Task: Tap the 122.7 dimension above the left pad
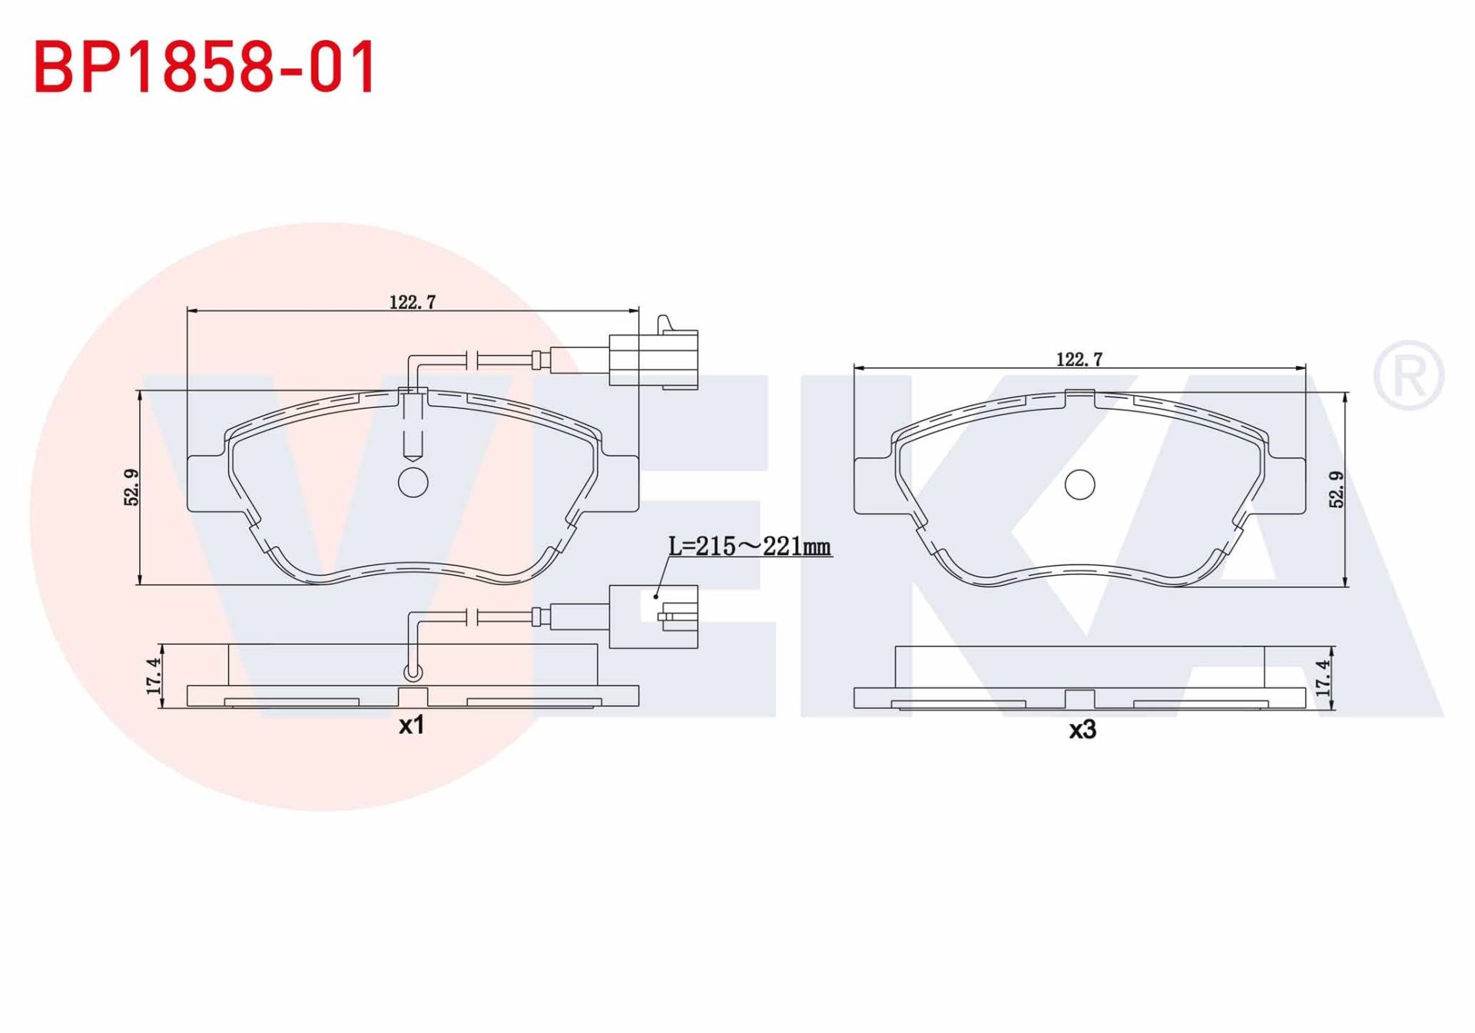[413, 303]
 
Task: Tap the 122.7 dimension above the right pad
[1079, 360]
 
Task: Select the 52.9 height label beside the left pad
[132, 487]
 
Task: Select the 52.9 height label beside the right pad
[1337, 490]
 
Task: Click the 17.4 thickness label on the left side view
[154, 676]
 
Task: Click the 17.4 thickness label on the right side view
[1322, 678]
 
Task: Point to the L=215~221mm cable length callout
[749, 546]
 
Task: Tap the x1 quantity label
[412, 725]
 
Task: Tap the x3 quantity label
[1082, 729]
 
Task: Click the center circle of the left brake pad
[413, 482]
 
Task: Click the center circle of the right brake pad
[1079, 484]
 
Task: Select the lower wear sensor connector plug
[653, 616]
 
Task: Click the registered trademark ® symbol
[1408, 375]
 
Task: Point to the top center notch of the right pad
[1079, 397]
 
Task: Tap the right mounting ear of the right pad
[1287, 486]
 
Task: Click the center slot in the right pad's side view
[1079, 699]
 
